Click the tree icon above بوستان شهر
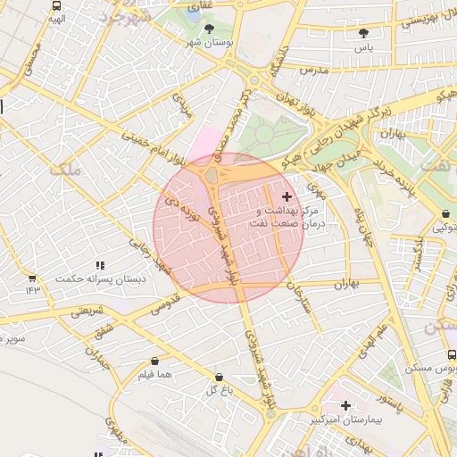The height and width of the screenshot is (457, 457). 209,29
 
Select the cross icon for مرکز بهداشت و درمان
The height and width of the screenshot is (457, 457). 286,196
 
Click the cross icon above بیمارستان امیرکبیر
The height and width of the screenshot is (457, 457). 345,405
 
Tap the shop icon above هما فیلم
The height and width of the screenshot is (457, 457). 155,361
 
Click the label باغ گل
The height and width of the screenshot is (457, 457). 220,390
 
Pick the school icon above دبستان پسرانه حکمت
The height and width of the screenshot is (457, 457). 100,265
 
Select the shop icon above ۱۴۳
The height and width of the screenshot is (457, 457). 32,278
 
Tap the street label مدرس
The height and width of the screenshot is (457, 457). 314,69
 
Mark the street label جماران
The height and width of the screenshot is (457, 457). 96,355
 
